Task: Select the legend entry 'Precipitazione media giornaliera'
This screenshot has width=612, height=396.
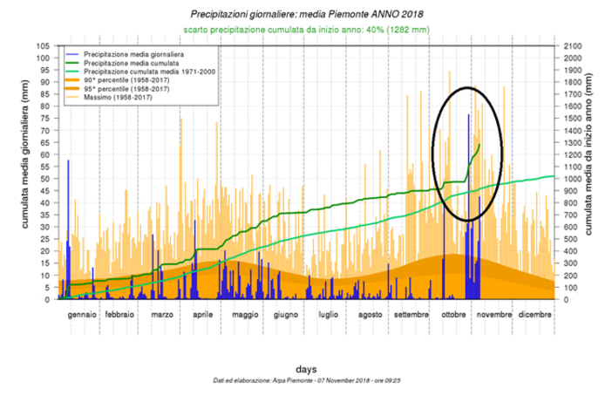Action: coord(126,54)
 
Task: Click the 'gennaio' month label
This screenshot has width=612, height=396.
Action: coord(84,314)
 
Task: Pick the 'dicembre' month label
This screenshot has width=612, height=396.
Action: coord(533,314)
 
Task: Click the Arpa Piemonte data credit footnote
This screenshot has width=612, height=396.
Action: coord(304,382)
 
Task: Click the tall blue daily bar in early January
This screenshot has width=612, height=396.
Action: coord(68,227)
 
